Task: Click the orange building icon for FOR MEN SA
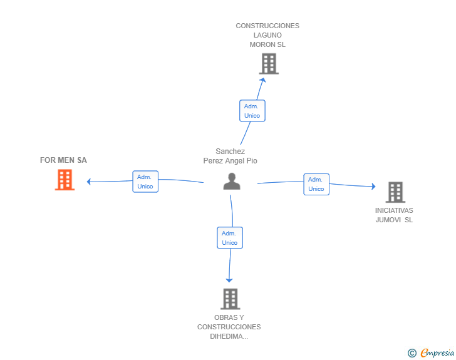tap(65, 180)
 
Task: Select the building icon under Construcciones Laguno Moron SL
tap(269, 64)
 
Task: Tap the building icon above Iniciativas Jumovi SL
tap(395, 192)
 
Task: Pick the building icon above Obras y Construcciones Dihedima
tap(231, 299)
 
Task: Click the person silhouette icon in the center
tap(232, 182)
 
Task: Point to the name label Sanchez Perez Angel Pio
tap(230, 156)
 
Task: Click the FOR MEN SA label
tap(63, 160)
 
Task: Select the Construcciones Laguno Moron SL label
tap(267, 35)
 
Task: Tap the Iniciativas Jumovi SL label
tap(394, 215)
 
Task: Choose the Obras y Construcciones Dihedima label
tap(229, 327)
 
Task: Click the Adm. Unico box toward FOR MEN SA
tap(145, 182)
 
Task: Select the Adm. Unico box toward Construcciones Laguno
tap(252, 111)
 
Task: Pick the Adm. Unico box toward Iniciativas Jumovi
tap(316, 184)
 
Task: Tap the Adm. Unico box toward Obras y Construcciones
tap(230, 238)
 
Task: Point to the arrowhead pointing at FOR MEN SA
tap(89, 182)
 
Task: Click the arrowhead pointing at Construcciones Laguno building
tap(262, 80)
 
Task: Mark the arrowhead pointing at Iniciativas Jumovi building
tap(374, 187)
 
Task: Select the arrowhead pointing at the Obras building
tap(229, 280)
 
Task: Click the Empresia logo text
tap(437, 352)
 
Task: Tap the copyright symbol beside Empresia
tap(412, 353)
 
